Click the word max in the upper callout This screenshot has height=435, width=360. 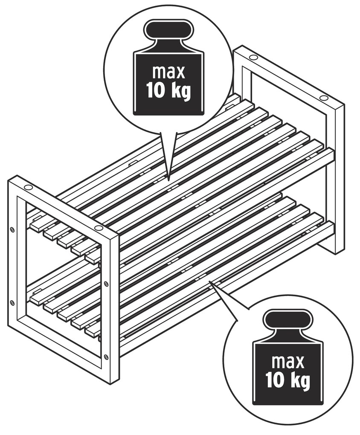[168, 72]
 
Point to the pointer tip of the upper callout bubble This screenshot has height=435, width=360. [168, 180]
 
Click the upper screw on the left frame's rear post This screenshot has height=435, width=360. [12, 230]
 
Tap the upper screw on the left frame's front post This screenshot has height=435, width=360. [106, 284]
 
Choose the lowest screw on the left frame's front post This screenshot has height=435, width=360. [106, 357]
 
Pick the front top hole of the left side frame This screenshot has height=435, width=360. [98, 228]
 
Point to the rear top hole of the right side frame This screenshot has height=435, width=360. [253, 58]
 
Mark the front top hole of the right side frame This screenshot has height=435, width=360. [323, 98]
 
